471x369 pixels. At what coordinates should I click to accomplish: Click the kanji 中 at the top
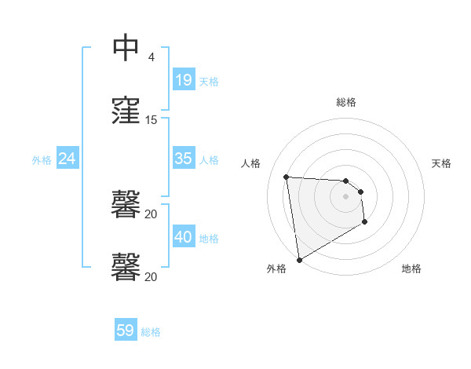126,49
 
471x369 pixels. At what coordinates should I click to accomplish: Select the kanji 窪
126,111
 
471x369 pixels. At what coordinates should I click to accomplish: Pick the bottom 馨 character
126,267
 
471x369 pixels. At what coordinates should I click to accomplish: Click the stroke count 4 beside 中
151,57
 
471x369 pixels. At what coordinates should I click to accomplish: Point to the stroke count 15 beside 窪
151,120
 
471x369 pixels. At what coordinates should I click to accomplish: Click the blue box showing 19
184,80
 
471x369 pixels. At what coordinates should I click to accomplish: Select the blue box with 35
184,159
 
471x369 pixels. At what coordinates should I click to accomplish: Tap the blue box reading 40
184,237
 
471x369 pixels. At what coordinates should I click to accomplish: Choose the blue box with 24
68,159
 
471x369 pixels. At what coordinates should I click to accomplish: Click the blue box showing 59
126,331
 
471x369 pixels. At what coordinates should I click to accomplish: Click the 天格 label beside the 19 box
209,82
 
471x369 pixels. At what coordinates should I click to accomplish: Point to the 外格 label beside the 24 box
42,160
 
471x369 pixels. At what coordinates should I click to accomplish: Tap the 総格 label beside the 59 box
151,332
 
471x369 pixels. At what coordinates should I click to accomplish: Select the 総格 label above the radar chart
346,102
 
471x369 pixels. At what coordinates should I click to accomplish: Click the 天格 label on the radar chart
441,163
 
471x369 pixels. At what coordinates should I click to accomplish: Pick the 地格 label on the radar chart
411,269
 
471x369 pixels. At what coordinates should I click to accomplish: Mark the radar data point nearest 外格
299,259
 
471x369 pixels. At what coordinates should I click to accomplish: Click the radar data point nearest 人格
287,177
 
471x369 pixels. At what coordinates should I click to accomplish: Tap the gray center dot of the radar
346,196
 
